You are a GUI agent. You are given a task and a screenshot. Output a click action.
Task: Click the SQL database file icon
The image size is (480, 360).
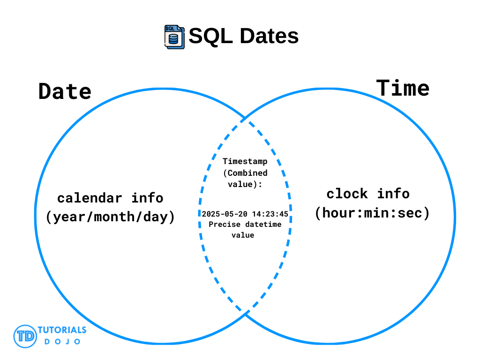click(x=174, y=37)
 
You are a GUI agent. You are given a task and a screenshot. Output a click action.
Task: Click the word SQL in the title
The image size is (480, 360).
click(x=210, y=36)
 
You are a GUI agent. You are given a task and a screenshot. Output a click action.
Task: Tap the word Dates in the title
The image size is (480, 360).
click(x=269, y=36)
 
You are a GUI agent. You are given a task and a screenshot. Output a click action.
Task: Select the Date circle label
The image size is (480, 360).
click(x=65, y=91)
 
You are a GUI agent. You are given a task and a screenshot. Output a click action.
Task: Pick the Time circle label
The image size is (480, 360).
click(x=403, y=88)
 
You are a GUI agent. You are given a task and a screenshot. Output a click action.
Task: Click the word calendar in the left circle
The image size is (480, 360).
click(x=90, y=198)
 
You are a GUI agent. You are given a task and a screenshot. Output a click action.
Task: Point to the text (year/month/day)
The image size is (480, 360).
click(x=110, y=217)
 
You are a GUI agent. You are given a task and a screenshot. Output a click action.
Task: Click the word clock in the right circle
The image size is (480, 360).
click(x=347, y=194)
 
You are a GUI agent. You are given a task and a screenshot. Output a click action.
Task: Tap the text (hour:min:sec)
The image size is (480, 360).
click(x=372, y=213)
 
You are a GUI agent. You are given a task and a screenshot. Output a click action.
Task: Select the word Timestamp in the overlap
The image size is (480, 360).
click(x=245, y=161)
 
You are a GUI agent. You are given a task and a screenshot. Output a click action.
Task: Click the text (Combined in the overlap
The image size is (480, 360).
click(x=246, y=173)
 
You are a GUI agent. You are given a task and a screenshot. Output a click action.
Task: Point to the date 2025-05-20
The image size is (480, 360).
click(x=225, y=214)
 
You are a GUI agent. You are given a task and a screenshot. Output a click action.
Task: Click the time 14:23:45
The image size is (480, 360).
click(x=270, y=214)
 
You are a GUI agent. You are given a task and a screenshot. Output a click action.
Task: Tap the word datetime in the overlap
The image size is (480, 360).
click(x=263, y=225)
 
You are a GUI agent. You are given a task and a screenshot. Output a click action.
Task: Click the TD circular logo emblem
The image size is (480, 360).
click(x=25, y=337)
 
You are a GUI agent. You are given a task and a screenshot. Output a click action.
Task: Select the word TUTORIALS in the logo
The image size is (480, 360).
click(x=62, y=330)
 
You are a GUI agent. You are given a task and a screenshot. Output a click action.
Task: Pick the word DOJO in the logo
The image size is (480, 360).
click(x=62, y=342)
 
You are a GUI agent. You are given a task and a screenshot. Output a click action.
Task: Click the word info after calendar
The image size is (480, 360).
click(x=147, y=198)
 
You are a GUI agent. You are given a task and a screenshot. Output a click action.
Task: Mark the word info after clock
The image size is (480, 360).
click(x=393, y=194)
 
